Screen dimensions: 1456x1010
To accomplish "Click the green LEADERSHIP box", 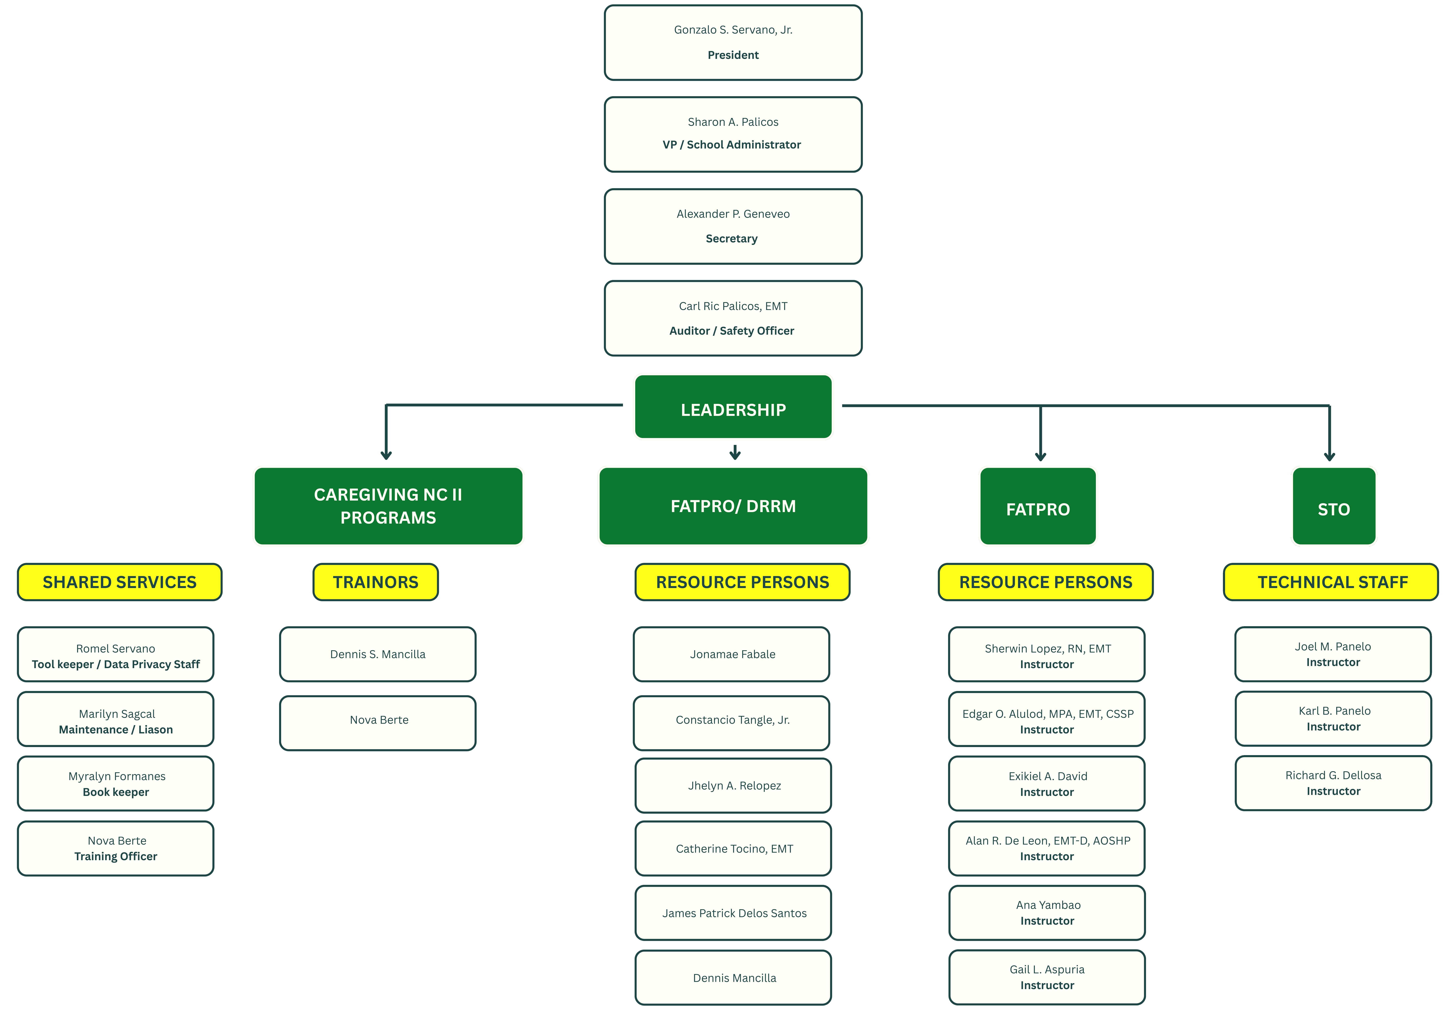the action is tap(733, 406).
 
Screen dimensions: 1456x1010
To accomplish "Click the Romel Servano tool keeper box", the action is tap(116, 654).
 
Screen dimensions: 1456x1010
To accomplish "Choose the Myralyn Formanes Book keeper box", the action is tap(116, 783).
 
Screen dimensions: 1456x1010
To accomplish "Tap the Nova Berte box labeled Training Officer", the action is tap(116, 848).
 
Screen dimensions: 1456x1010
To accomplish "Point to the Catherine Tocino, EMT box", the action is tap(733, 848).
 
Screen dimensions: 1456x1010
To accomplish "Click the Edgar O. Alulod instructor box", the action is tap(1047, 719).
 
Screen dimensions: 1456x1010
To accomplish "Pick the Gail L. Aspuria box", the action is tap(1047, 977).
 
